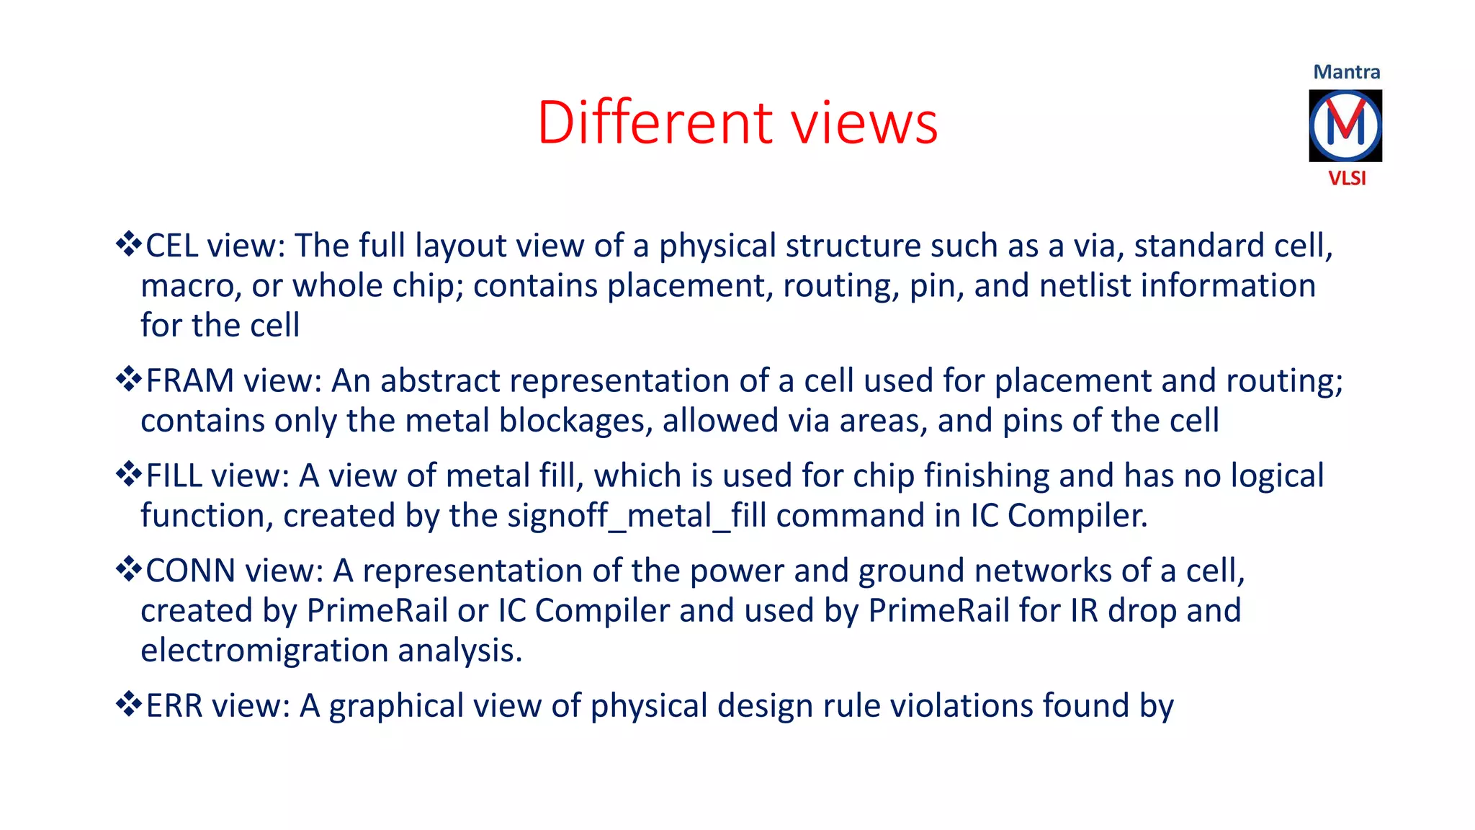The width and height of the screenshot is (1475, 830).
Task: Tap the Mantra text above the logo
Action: [x=1346, y=72]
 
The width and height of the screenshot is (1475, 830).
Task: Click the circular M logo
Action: [x=1345, y=125]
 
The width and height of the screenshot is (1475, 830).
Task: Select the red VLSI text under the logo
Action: [x=1347, y=178]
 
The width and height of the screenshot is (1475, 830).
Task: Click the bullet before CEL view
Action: [x=128, y=244]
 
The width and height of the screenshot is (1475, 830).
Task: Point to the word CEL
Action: [x=172, y=246]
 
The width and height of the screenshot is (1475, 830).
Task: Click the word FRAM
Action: [x=190, y=380]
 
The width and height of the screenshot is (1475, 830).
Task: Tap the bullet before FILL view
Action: [x=128, y=474]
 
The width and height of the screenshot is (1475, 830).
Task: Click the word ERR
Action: [x=174, y=705]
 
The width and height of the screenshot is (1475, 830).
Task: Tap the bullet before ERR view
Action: [x=128, y=704]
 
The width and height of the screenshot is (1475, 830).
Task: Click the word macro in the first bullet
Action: [x=187, y=286]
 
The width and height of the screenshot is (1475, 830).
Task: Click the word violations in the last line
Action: [x=961, y=705]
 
